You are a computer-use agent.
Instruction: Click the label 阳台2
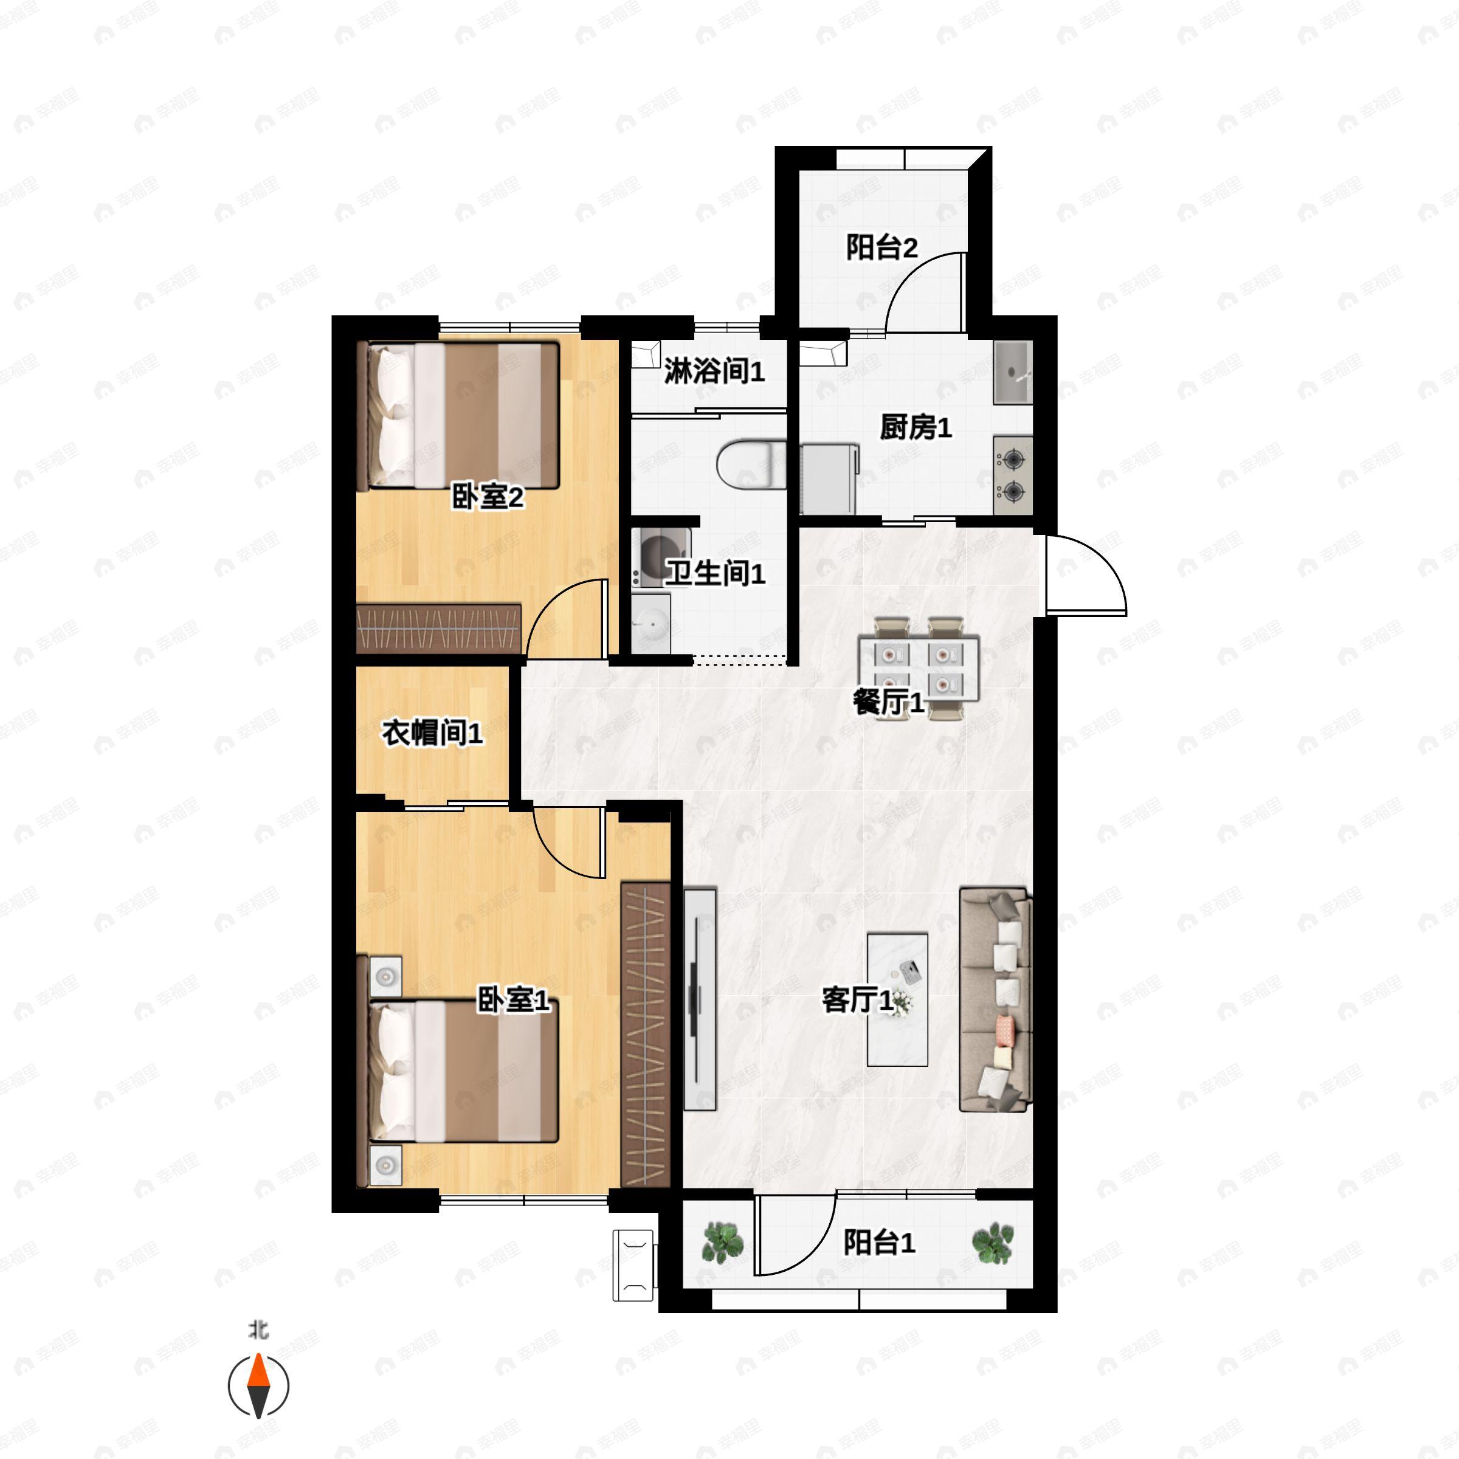881,247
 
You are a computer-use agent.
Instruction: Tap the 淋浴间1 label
714,371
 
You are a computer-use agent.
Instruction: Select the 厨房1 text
916,427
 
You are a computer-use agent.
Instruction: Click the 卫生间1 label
715,573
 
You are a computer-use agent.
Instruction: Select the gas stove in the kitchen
1013,476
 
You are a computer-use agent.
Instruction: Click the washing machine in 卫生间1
661,557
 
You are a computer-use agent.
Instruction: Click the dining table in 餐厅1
919,668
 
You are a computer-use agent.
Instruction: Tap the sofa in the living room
995,1000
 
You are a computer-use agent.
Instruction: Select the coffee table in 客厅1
897,999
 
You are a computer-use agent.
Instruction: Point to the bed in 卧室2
462,416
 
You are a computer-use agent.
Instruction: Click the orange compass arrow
258,1371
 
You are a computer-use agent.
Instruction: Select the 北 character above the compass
259,1329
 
